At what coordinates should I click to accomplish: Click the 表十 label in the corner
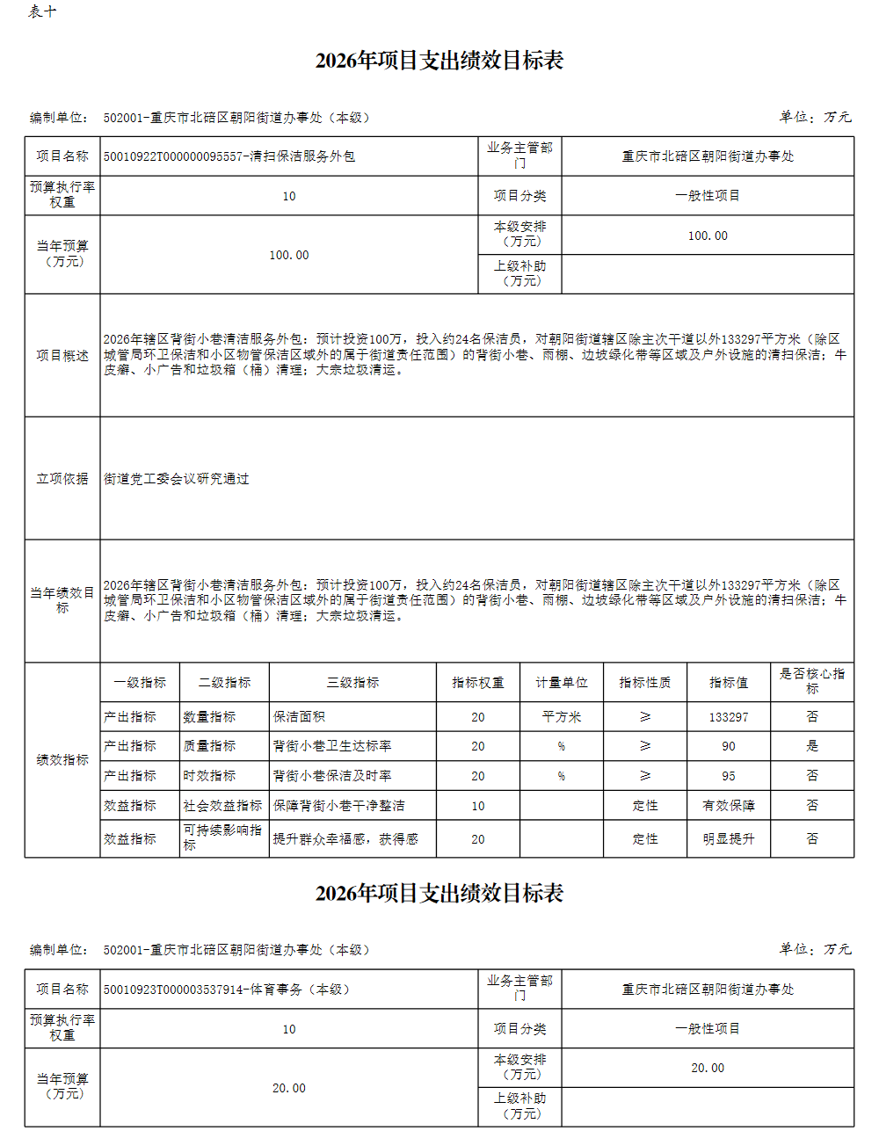click(x=42, y=11)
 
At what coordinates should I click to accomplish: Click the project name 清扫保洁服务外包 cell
click(x=229, y=156)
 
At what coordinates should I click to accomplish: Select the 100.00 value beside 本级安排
click(x=708, y=236)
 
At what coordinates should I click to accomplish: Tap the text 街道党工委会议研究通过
click(x=177, y=479)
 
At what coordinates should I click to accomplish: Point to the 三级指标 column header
click(x=352, y=682)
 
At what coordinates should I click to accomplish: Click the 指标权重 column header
click(x=477, y=682)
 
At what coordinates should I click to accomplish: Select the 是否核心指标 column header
click(x=811, y=681)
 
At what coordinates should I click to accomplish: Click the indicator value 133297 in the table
click(x=729, y=717)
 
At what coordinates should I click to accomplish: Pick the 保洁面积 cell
click(x=299, y=717)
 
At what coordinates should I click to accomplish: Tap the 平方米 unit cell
click(x=561, y=717)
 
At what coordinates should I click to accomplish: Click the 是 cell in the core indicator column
click(x=811, y=746)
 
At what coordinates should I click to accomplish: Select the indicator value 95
click(x=729, y=776)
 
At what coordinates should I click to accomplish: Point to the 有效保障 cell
click(x=729, y=806)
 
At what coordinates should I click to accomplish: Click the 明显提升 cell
click(x=729, y=839)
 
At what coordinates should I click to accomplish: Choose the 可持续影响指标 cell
click(x=222, y=837)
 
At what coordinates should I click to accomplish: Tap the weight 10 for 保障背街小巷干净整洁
click(x=477, y=806)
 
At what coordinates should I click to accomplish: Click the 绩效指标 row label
click(x=62, y=759)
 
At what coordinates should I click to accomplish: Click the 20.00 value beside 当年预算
click(x=288, y=1088)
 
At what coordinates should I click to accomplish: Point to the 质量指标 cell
click(x=209, y=746)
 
